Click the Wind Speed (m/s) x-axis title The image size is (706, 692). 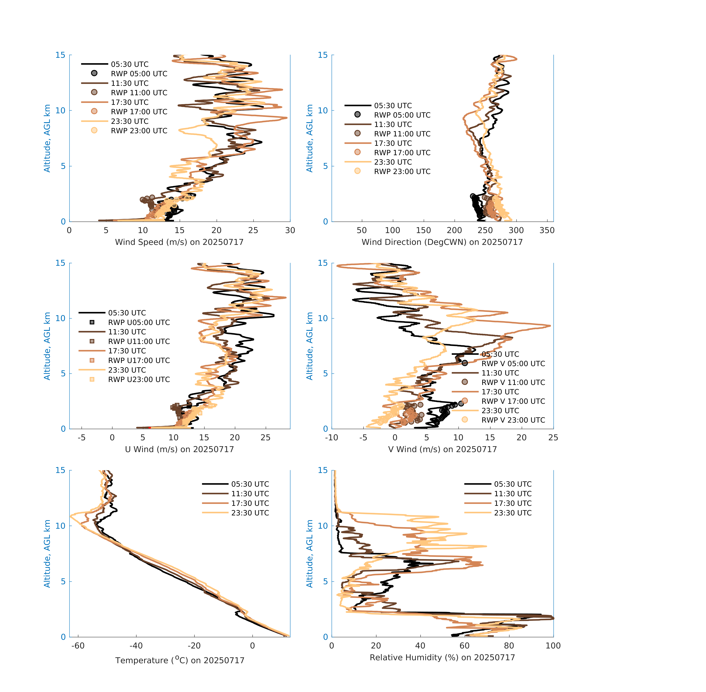179,242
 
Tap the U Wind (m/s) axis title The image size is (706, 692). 179,449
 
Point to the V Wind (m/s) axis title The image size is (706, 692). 442,449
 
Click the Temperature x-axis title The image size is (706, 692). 180,660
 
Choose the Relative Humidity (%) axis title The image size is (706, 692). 442,657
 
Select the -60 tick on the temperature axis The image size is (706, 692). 78,645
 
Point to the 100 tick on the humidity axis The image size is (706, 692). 553,645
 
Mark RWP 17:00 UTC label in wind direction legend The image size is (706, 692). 402,153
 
